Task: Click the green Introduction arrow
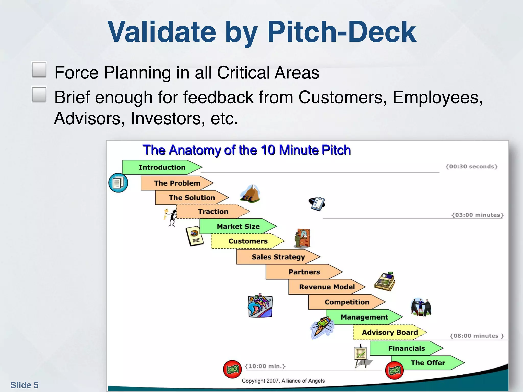162,167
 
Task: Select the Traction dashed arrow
213,212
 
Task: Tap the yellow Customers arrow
247,241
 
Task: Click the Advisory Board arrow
389,332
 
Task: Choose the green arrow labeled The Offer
428,363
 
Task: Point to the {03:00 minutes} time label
477,215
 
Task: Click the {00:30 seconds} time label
471,167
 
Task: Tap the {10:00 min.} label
265,366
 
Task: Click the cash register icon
385,281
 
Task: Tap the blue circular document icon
118,183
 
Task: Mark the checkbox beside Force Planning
39,69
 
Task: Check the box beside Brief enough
39,94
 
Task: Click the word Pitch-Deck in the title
342,32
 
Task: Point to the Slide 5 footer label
24,385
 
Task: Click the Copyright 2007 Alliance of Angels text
283,381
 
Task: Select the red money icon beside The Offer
394,370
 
